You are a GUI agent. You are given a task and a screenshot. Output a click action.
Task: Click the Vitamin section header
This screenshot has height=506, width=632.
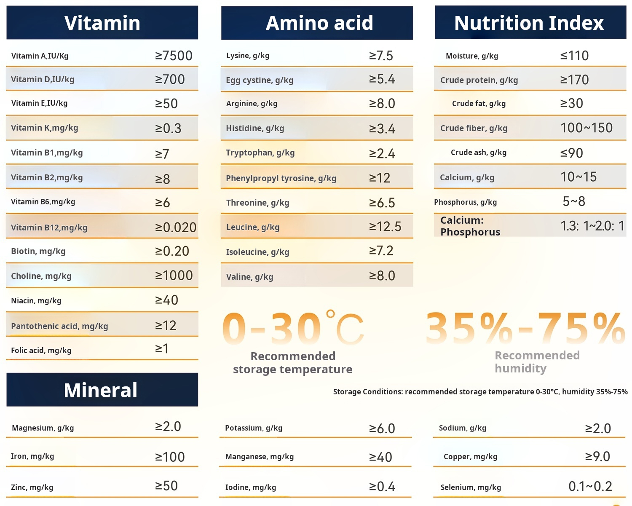coord(102,23)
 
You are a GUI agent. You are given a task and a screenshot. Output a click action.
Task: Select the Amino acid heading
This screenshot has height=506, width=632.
coord(319,23)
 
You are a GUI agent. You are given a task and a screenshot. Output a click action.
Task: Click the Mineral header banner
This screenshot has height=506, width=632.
coord(101,390)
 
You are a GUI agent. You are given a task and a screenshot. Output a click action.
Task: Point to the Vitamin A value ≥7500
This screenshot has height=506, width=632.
coord(174,56)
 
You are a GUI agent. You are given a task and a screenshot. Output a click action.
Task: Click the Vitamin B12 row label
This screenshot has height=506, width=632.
coord(49,228)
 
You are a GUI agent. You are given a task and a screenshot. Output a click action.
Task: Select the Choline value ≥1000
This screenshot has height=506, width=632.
coord(174,276)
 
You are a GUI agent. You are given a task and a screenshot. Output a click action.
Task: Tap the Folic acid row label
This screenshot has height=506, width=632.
coord(41,350)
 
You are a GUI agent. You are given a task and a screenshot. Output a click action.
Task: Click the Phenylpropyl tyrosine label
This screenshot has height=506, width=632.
coord(281,178)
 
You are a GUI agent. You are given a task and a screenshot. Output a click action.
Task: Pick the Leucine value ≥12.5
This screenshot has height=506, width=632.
coord(385,227)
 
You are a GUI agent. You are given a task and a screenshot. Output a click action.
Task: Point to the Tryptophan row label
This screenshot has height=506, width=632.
coord(260,153)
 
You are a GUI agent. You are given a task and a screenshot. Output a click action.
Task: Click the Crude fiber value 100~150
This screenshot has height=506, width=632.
coord(586,128)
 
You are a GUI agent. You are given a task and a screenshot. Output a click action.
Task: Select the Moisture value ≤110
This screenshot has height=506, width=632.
coord(574,56)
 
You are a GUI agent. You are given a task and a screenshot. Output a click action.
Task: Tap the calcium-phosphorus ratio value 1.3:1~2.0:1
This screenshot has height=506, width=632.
coord(592,226)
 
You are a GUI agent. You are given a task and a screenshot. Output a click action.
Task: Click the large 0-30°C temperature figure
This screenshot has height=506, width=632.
coord(293,329)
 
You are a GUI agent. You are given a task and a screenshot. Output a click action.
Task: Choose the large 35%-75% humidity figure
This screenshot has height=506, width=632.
coord(525,329)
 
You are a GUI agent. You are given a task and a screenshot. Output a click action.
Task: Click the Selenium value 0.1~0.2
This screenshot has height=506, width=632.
coord(590,487)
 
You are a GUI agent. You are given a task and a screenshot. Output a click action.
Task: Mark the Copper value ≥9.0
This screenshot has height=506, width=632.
coord(597,456)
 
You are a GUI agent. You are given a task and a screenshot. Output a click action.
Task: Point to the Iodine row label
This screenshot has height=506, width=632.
coord(251,487)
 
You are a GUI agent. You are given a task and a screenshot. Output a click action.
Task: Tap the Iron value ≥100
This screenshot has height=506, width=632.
coord(170,457)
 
